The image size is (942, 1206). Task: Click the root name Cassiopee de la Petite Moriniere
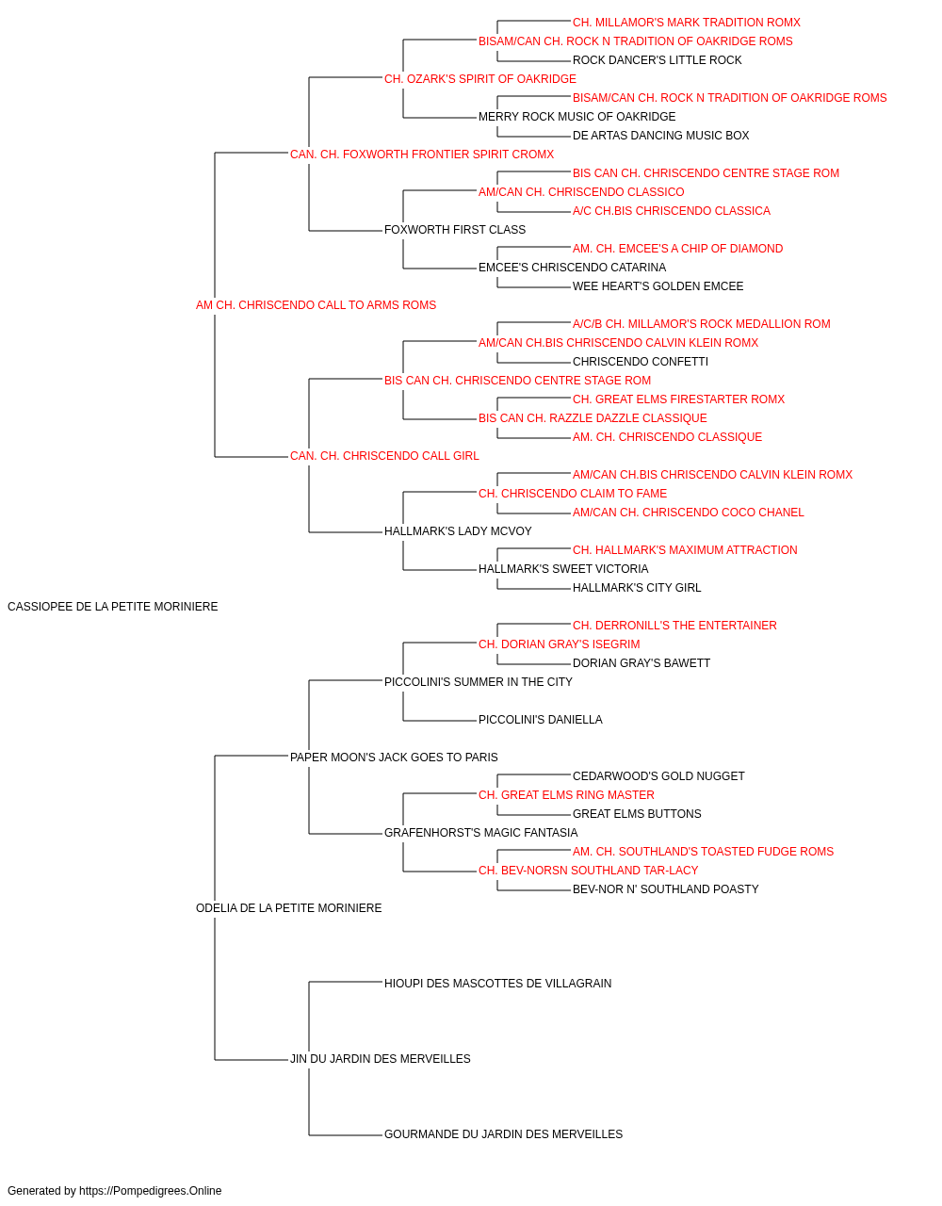[113, 607]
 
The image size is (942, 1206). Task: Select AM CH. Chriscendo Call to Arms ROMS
[316, 305]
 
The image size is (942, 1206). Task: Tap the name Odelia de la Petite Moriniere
[288, 908]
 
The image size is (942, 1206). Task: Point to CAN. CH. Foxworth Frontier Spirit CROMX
[422, 155]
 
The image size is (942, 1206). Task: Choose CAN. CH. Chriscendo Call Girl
[384, 456]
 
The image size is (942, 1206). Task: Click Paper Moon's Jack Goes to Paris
[394, 757]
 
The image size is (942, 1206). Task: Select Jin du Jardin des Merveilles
[380, 1059]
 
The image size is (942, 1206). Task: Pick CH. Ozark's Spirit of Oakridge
[479, 79]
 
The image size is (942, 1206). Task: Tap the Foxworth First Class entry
[455, 230]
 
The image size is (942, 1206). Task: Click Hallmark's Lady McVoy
[458, 531]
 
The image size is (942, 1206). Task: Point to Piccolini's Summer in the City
[479, 682]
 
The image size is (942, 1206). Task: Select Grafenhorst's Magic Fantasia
[481, 833]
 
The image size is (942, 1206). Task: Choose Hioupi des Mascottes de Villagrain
[497, 984]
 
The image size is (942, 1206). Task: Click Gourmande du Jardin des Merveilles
[503, 1134]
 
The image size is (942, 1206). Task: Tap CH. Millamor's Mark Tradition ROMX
[687, 23]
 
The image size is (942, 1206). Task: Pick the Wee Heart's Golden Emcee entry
[658, 286]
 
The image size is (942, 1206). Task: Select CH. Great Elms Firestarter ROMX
[678, 399]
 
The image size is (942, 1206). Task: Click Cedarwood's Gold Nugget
[658, 775]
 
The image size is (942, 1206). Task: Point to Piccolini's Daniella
[541, 720]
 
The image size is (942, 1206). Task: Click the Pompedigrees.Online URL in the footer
[151, 1191]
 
